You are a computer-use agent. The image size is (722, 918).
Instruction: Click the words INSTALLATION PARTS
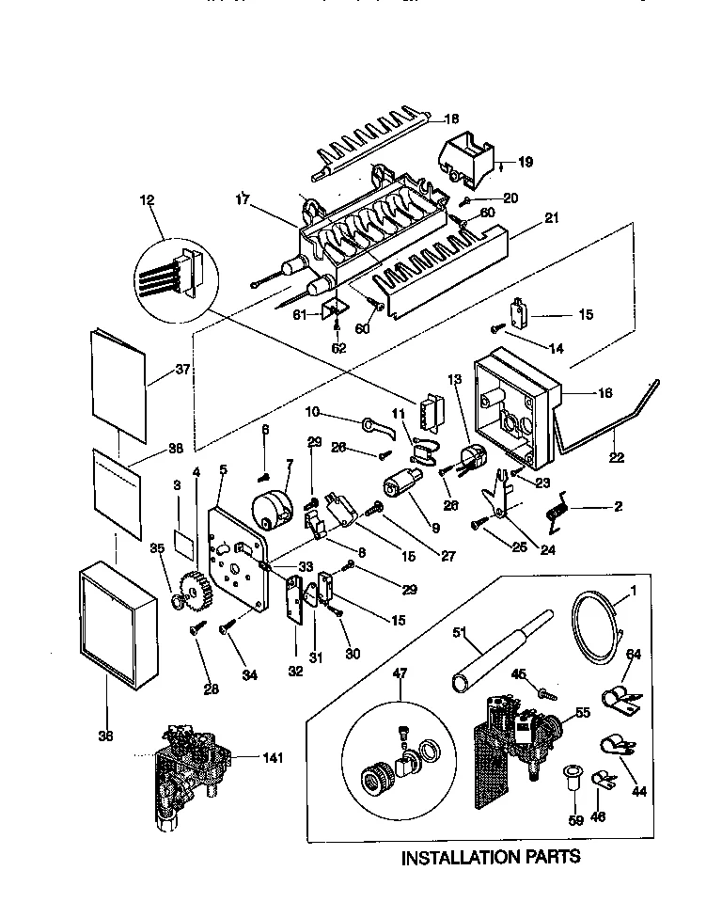(491, 857)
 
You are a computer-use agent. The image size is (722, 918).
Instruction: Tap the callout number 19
(525, 162)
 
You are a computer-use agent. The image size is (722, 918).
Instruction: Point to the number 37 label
(181, 370)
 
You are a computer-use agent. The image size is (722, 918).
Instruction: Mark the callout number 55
(582, 714)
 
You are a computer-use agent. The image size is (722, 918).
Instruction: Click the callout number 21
(550, 217)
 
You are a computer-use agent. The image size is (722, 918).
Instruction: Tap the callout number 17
(242, 198)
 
